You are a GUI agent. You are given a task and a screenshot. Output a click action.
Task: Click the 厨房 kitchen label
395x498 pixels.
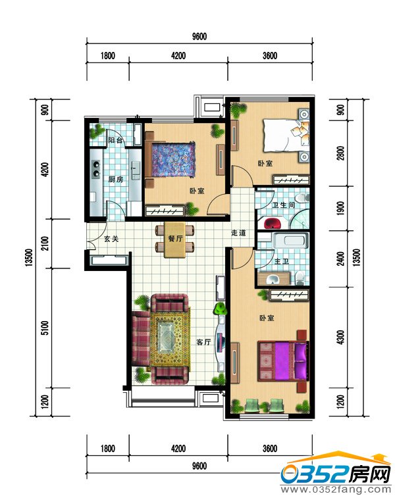click(115, 180)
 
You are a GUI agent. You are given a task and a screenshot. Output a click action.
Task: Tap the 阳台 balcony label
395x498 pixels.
click(115, 140)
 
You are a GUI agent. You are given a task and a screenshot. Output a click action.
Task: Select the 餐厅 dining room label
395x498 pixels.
click(175, 238)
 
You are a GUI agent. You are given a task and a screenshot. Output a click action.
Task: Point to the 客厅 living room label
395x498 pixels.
click(203, 342)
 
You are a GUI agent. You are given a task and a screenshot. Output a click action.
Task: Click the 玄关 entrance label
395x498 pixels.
click(111, 239)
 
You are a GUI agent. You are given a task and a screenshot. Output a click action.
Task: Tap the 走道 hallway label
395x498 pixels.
click(238, 233)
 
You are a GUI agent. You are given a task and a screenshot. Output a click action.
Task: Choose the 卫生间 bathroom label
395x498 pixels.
click(284, 205)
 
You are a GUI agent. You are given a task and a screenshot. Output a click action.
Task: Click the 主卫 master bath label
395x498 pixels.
click(282, 261)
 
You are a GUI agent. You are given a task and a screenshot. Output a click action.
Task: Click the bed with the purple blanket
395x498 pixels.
click(282, 361)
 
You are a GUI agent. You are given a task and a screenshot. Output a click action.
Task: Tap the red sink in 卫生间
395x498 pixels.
click(273, 222)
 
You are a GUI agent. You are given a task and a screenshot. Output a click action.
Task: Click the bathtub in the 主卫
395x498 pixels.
click(290, 241)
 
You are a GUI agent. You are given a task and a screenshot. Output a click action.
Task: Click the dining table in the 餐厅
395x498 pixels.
click(174, 239)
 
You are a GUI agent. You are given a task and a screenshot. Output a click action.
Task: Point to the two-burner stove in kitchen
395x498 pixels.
click(95, 168)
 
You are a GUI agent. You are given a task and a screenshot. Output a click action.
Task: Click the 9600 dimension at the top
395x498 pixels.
click(199, 36)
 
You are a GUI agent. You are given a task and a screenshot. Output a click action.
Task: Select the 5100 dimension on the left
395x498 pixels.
click(45, 328)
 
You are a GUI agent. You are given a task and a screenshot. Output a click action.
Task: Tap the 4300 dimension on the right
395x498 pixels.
click(340, 337)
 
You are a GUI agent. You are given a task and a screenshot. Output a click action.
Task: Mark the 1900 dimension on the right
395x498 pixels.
click(340, 208)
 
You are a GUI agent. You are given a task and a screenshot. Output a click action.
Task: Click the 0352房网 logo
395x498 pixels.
click(336, 474)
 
